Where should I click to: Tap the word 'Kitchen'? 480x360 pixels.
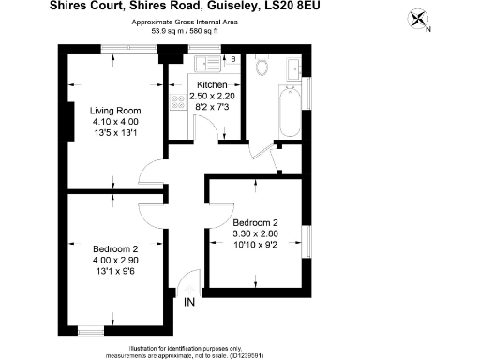click(211, 85)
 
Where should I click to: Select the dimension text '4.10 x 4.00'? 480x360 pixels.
click(114, 121)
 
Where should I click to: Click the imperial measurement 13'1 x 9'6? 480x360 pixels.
click(114, 273)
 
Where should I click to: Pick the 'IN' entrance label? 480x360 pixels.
click(189, 301)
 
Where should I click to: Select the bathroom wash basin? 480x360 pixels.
click(293, 67)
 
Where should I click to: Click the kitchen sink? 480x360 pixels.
click(205, 63)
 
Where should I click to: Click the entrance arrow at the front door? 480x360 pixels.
click(190, 285)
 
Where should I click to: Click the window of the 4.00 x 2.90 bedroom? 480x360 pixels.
click(90, 328)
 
